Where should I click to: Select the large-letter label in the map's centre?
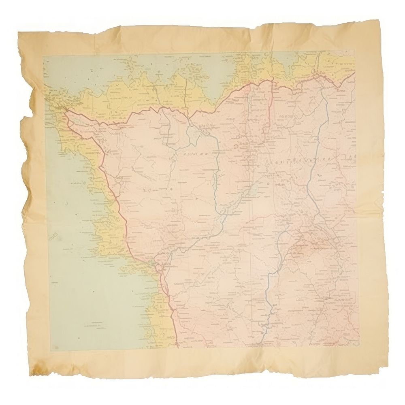click(194, 155)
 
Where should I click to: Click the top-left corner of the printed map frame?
click(43, 56)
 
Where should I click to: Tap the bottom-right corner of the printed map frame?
click(359, 347)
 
